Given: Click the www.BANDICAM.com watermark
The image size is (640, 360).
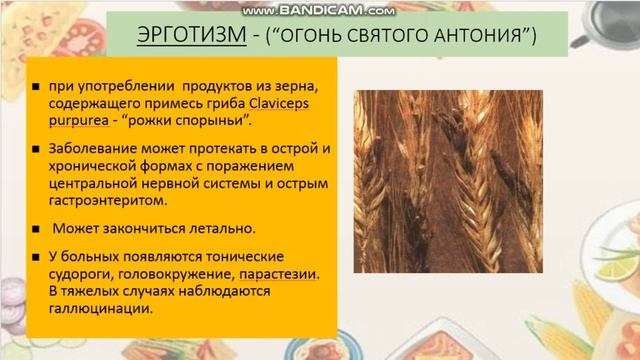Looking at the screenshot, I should (320, 9).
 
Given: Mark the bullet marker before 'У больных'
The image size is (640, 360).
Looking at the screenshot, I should (35, 256).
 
